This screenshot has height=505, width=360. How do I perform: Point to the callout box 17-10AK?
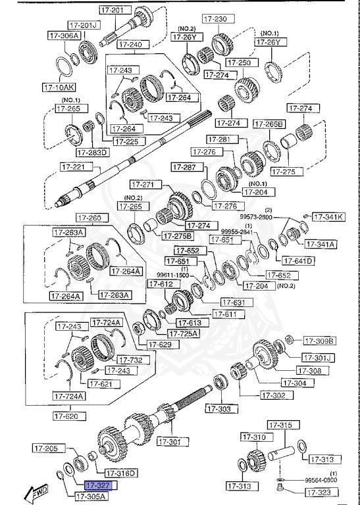click(58, 86)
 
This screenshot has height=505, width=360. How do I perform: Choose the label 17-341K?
click(327, 216)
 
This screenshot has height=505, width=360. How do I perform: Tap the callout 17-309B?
click(319, 341)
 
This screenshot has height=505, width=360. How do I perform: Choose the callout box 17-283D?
click(91, 153)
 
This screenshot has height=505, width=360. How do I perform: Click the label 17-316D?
click(120, 473)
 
